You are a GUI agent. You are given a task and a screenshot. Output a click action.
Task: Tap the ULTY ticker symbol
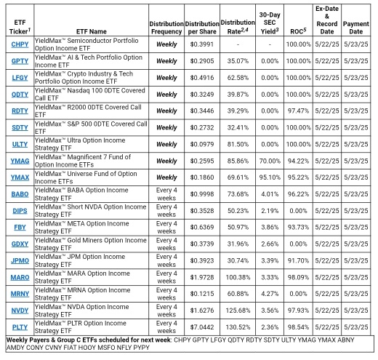click(20, 144)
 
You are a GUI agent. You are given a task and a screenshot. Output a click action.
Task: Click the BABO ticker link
click(20, 193)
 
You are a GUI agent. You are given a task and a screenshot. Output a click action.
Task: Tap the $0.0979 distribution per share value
click(202, 144)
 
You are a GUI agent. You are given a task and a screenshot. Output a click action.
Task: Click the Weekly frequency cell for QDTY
click(166, 95)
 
